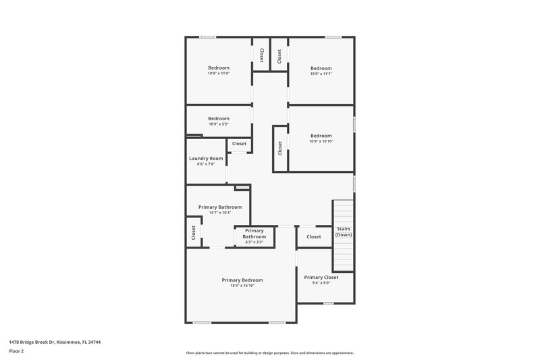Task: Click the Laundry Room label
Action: click(x=206, y=158)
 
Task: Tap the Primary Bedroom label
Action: click(x=242, y=280)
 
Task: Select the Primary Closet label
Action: click(x=321, y=277)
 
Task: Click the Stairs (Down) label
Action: click(x=344, y=232)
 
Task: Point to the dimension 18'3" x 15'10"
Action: click(x=242, y=286)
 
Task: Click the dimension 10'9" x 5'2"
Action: click(x=219, y=124)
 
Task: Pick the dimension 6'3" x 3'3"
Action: click(x=254, y=242)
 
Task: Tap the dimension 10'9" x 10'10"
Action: click(x=321, y=141)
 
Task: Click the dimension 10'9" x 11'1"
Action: click(x=321, y=74)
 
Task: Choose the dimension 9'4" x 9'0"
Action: click(x=321, y=283)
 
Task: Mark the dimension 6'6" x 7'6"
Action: click(x=206, y=164)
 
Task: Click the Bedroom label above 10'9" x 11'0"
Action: click(x=219, y=68)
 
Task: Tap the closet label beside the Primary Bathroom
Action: click(x=194, y=233)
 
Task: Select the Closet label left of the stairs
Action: click(x=314, y=236)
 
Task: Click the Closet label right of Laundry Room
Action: click(x=240, y=143)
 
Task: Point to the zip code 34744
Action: click(x=95, y=342)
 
